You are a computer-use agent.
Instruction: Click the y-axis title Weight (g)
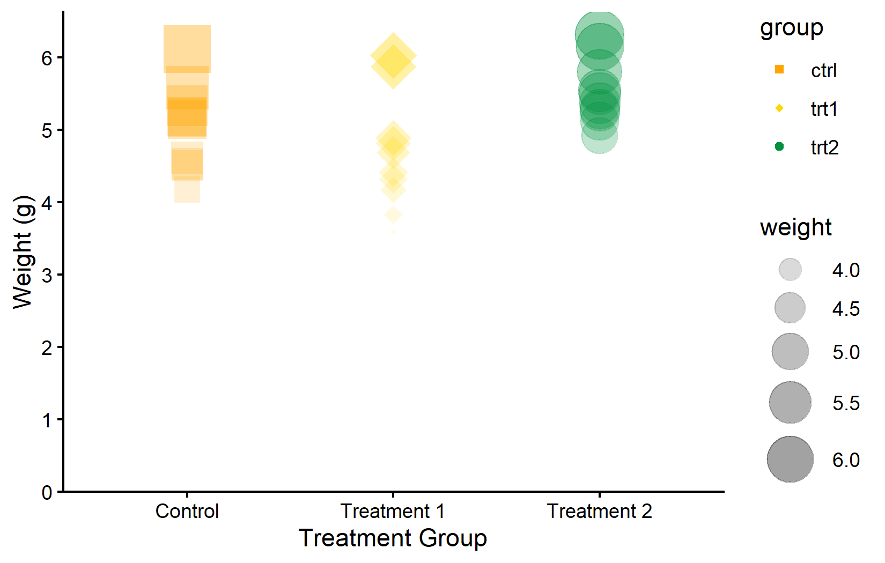point(23,251)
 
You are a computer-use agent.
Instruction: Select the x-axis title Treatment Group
point(393,539)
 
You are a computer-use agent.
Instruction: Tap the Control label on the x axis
point(187,511)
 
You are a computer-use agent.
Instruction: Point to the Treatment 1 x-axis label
point(393,511)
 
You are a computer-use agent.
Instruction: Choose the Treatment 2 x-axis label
point(599,511)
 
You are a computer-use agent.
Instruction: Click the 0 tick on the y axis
point(47,493)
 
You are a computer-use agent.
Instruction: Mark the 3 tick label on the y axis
point(47,276)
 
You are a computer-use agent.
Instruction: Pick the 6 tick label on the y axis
point(47,58)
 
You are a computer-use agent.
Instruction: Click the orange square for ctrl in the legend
point(779,70)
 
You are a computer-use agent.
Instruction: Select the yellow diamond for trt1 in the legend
point(779,108)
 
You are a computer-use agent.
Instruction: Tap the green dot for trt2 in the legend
point(779,146)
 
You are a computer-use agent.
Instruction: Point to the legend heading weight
point(796,228)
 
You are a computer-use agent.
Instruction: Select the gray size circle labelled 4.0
point(790,270)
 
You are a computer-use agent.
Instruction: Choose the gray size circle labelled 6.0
point(790,460)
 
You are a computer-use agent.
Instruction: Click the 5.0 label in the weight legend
point(846,352)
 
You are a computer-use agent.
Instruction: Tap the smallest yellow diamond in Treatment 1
point(393,232)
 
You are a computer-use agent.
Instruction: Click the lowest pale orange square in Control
point(187,190)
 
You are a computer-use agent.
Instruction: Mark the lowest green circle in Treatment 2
point(599,136)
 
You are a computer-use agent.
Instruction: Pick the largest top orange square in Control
point(187,49)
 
